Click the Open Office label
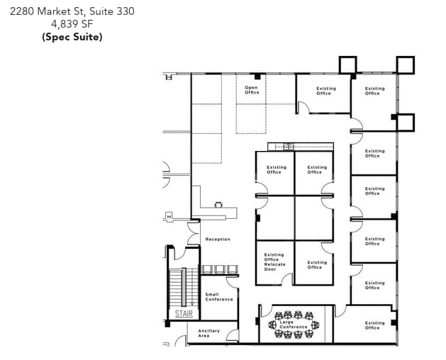[x=252, y=90]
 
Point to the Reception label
[x=218, y=240]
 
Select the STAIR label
[x=183, y=313]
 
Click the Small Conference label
[x=219, y=297]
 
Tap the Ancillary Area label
[x=209, y=333]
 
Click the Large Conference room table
[x=294, y=325]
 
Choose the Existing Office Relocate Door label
[x=274, y=261]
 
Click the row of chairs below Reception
[x=215, y=269]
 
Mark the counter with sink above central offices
[x=290, y=147]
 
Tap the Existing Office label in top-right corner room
[x=374, y=91]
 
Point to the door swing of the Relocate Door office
[x=286, y=279]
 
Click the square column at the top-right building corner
[x=406, y=65]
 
